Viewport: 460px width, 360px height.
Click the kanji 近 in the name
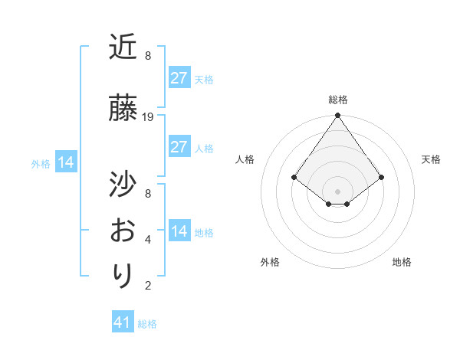click(123, 47)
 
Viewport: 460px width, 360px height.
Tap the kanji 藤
click(123, 109)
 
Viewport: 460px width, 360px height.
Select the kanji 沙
click(123, 185)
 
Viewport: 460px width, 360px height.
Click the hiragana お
click(123, 230)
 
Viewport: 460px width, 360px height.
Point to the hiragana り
click(123, 275)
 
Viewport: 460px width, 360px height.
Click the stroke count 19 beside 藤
click(148, 117)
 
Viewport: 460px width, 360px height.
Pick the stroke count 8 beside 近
click(148, 56)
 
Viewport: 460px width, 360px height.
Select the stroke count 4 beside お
click(148, 240)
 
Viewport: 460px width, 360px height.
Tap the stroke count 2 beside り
click(148, 286)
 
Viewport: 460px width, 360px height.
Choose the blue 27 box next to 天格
click(179, 77)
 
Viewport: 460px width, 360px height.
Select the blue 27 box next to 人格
click(179, 147)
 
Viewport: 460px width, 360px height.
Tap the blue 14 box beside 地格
click(179, 231)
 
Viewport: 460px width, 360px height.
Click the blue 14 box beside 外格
click(65, 162)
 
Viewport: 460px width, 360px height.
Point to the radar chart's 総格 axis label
click(338, 100)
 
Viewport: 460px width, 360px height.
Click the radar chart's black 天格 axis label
click(431, 159)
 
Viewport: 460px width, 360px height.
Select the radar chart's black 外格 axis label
click(270, 262)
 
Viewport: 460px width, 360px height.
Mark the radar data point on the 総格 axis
click(338, 116)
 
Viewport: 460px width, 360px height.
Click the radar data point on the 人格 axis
click(294, 177)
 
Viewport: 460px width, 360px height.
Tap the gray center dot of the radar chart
click(338, 191)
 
